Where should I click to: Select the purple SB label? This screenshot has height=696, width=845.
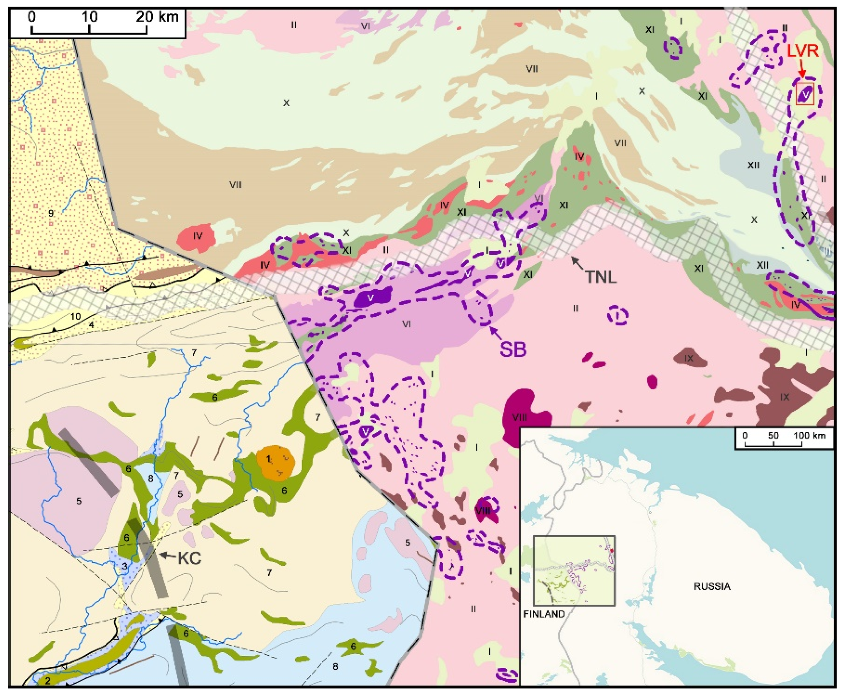point(513,349)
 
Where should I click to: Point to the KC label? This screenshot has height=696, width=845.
point(189,558)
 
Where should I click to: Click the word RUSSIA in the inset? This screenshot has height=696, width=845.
point(712,587)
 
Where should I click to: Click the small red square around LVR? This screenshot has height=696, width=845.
point(805,94)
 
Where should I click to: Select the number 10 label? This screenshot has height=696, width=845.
point(75,317)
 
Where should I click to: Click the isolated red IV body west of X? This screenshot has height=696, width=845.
point(197,237)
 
